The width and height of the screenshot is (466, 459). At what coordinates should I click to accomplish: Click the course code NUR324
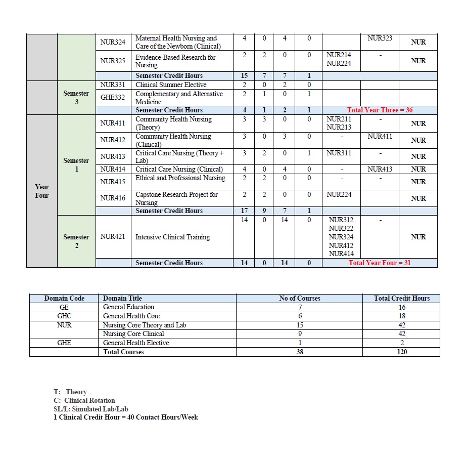tap(113, 42)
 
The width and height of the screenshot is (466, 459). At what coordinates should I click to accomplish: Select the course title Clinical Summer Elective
tap(171, 85)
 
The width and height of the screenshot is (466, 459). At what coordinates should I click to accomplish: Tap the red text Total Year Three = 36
tap(380, 110)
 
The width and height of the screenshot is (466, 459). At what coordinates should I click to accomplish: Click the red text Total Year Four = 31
tap(380, 263)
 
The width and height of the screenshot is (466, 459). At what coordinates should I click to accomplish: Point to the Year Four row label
tap(42, 191)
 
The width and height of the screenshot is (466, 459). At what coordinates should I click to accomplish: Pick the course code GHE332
tap(113, 97)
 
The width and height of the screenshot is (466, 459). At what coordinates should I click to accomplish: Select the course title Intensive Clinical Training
tap(172, 237)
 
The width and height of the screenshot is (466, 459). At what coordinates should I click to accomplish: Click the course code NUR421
tap(113, 237)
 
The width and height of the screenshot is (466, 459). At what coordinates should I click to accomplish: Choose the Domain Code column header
tap(64, 298)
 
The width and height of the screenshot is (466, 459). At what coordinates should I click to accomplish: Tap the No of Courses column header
tap(300, 298)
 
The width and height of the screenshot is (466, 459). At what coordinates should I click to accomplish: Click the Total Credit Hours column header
tap(401, 298)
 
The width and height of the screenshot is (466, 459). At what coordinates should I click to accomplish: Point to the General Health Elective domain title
tap(135, 343)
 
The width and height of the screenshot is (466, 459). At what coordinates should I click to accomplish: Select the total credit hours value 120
tap(401, 352)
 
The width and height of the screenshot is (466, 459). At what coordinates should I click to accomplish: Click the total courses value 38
tap(300, 352)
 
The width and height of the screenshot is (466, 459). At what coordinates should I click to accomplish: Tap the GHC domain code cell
tap(64, 316)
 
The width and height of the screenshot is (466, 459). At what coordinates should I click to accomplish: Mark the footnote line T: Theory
tap(70, 392)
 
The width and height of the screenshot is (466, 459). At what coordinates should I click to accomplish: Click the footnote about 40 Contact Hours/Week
tap(126, 417)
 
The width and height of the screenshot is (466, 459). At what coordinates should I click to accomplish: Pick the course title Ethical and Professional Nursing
tap(180, 178)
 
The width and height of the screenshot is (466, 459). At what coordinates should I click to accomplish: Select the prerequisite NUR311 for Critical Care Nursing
tap(339, 153)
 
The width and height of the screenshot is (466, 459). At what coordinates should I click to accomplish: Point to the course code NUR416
tap(113, 198)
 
